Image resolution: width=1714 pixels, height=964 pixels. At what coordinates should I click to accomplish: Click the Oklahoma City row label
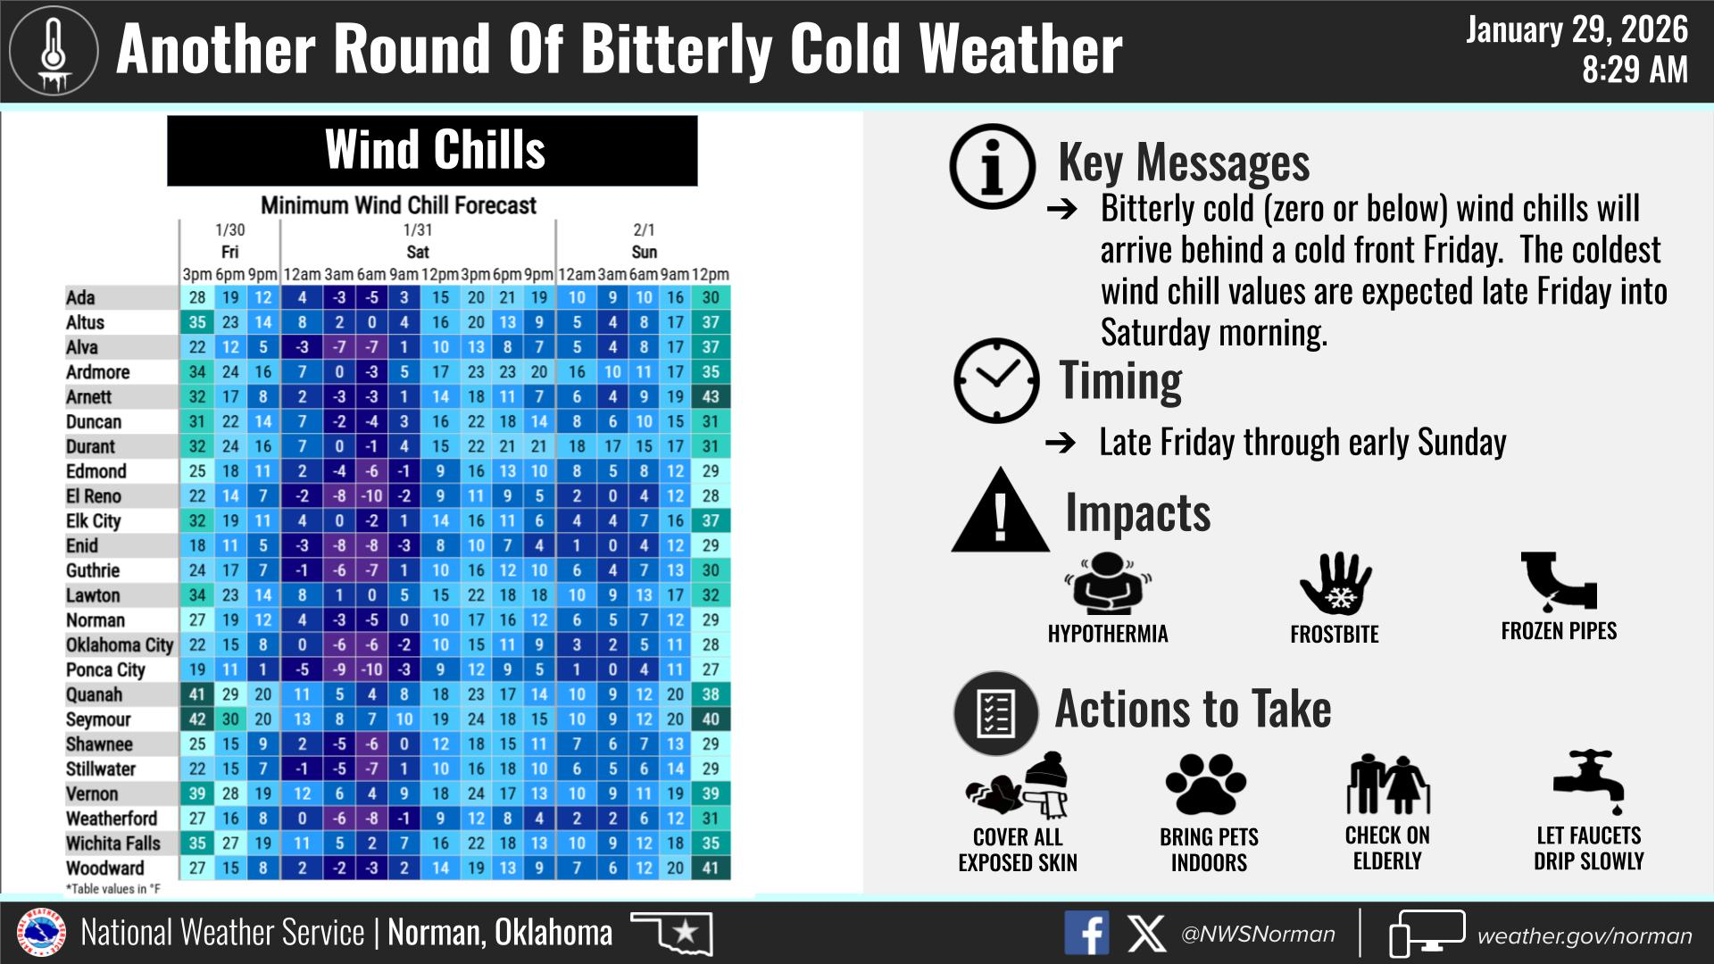pos(120,645)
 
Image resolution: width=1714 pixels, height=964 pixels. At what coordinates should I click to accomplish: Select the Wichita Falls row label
pos(113,843)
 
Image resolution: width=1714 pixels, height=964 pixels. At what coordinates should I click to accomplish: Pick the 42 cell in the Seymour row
pos(197,719)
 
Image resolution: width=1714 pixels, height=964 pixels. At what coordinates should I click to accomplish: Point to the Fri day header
pos(229,252)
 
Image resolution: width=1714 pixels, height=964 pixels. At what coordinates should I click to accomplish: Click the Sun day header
pos(644,252)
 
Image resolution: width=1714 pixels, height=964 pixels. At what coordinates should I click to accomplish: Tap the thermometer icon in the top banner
pos(54,52)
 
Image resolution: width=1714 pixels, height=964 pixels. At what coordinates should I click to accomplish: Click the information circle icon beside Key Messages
pos(993,167)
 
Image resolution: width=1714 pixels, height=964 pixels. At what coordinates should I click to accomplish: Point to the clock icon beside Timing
pos(996,380)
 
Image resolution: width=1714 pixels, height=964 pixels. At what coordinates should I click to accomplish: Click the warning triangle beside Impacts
pos(1000,511)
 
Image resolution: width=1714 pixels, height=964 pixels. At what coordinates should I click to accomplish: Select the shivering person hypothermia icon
pos(1108,584)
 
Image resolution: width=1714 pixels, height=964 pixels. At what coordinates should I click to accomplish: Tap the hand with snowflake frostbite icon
pos(1335,584)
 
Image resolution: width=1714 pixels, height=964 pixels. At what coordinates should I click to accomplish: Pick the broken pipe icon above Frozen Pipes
pos(1559,581)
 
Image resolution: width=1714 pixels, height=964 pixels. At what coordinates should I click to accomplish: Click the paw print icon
pos(1206,784)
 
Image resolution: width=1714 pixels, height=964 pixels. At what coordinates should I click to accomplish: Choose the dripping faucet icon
pos(1588,782)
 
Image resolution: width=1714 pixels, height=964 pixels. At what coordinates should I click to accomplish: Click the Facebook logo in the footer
pos(1086,934)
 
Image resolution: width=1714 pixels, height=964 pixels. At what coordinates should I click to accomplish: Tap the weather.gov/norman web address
pos(1585,935)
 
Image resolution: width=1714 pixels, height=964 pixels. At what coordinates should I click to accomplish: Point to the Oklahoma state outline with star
pos(671,933)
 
